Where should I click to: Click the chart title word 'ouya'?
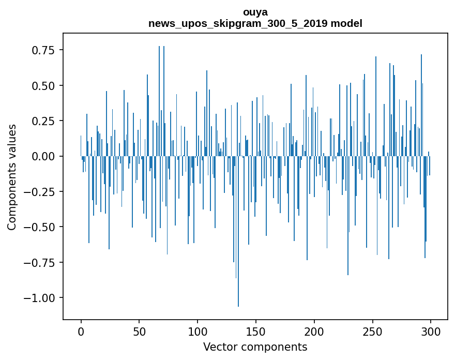[x=255, y=12]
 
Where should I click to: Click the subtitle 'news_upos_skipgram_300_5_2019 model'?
[x=255, y=23]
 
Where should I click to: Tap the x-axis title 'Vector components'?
[x=255, y=347]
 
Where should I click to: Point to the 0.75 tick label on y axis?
[x=42, y=50]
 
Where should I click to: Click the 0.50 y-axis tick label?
[x=42, y=85]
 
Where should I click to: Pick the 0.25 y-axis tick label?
[x=42, y=121]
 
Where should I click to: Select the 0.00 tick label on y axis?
[x=42, y=156]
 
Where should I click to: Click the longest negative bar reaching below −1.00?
[x=238, y=259]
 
